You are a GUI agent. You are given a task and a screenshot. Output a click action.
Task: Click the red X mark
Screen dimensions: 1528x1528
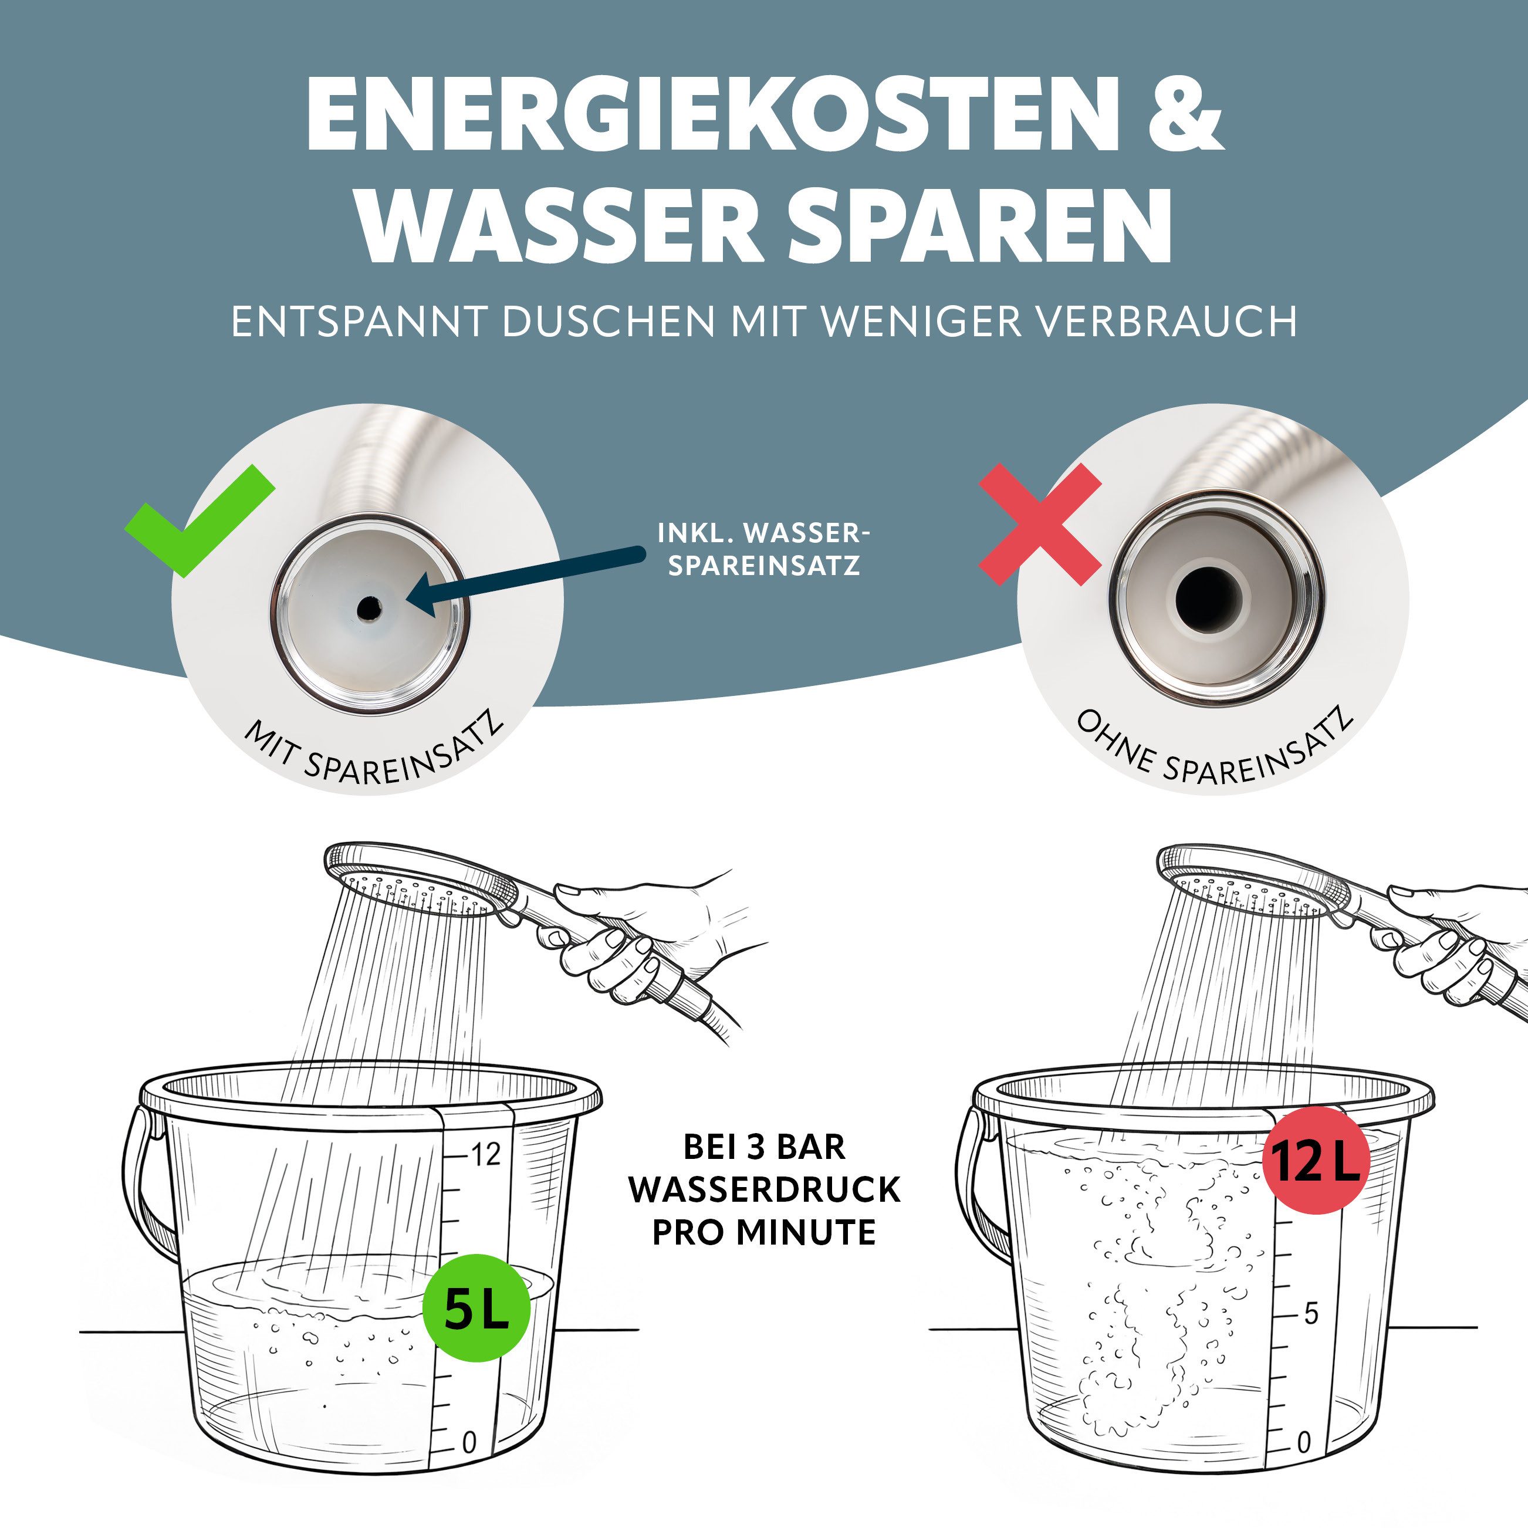tap(1040, 525)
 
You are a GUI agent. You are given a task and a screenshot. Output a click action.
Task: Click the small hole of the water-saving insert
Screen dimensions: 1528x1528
tap(368, 607)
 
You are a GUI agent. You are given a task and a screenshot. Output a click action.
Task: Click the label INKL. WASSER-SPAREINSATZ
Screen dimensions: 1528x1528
tap(763, 549)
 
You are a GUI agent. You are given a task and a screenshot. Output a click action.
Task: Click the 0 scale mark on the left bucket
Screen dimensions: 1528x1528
tap(469, 1444)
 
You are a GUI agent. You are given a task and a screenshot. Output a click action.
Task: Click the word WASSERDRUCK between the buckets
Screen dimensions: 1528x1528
tap(765, 1189)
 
